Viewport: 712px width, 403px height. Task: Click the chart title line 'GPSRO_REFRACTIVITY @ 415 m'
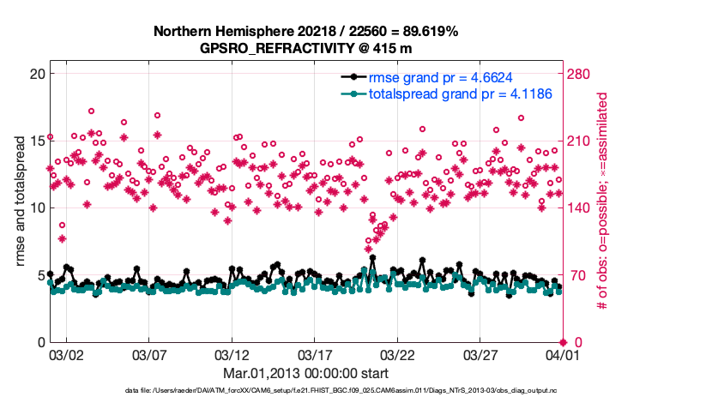(x=305, y=48)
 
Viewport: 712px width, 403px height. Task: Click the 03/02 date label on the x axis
(x=66, y=354)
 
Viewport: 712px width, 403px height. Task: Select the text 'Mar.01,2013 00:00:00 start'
(x=305, y=374)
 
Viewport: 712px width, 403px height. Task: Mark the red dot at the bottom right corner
(x=563, y=342)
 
